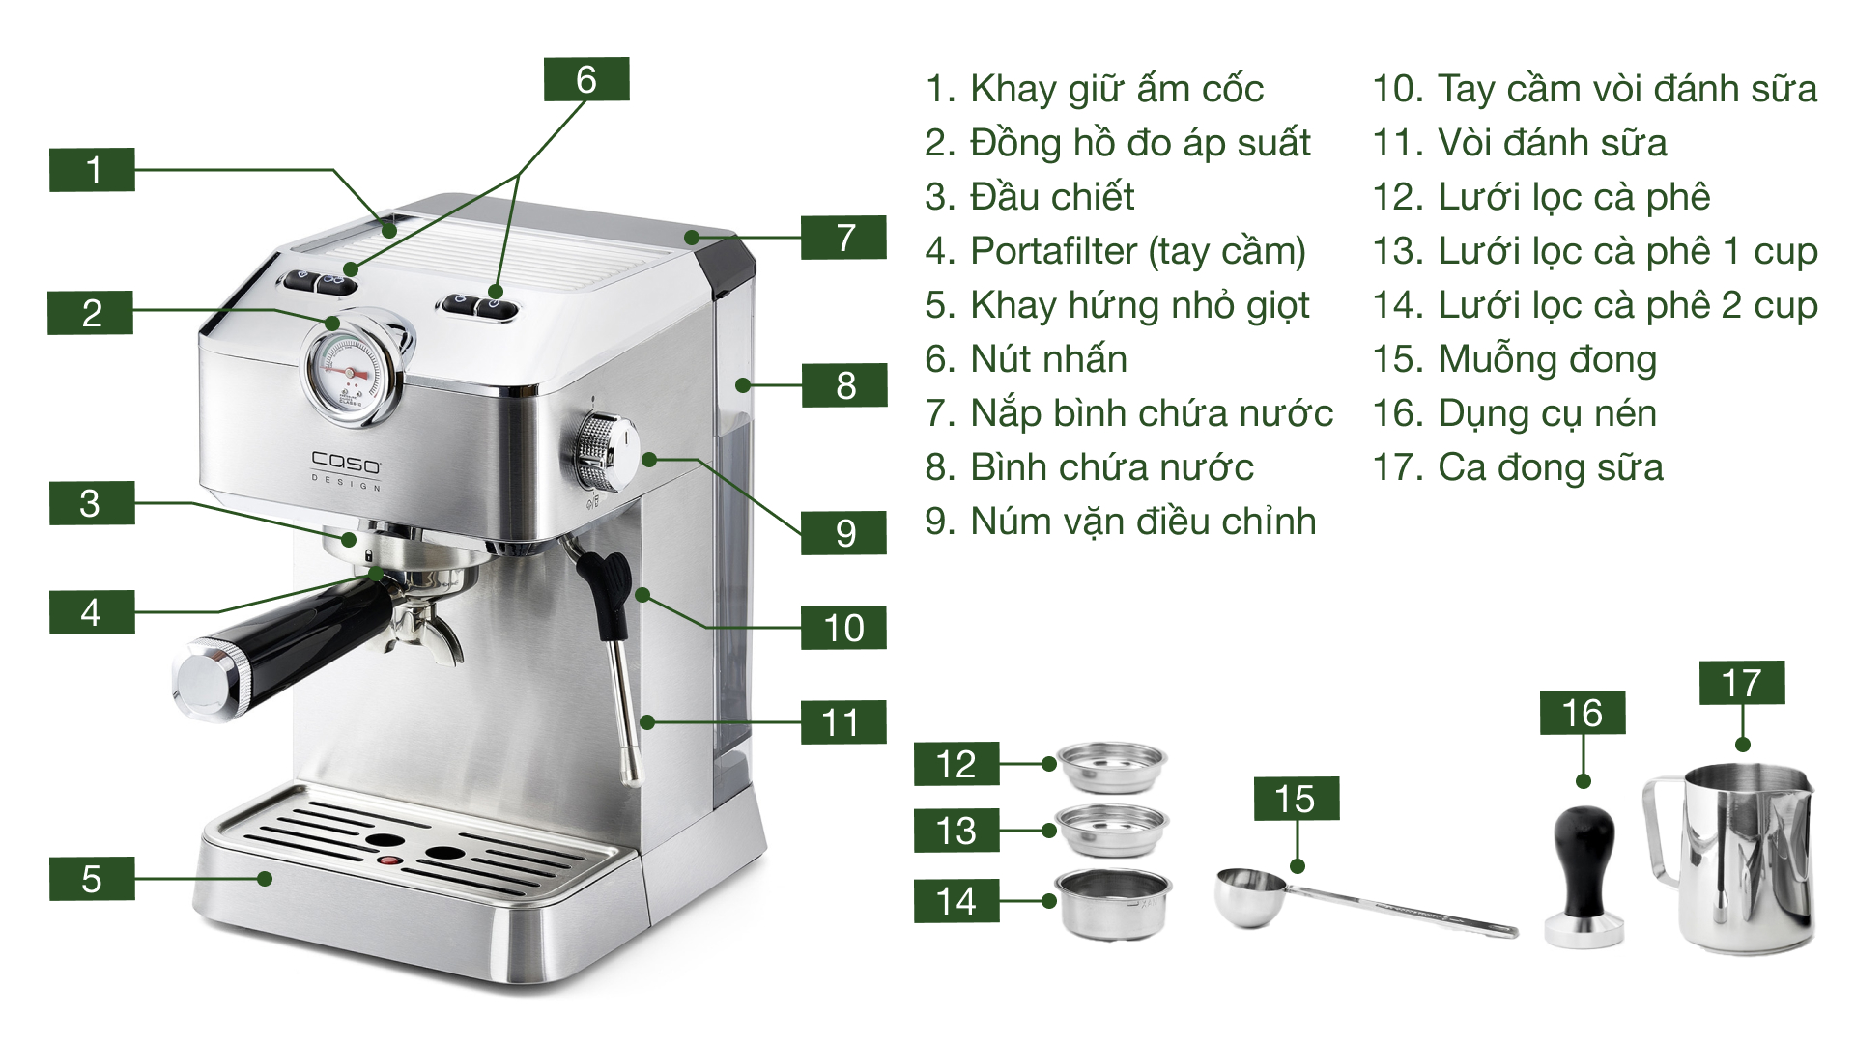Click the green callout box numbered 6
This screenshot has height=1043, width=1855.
coord(586,79)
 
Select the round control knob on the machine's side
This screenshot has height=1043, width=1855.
coord(603,452)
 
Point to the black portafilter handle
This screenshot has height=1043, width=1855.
coord(290,641)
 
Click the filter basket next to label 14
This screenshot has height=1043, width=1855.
coord(1114,903)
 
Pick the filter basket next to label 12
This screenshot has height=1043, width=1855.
coord(1113,765)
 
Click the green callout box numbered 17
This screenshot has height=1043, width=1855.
coord(1742,683)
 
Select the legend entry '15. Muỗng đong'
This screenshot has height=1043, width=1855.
coord(1514,359)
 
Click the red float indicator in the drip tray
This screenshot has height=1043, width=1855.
coord(388,860)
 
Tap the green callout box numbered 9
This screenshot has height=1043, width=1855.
coord(844,533)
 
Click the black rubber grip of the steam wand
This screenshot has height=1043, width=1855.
coord(608,588)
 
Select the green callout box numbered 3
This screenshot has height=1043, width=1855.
coord(92,503)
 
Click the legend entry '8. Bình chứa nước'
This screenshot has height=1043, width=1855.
coord(1089,467)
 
